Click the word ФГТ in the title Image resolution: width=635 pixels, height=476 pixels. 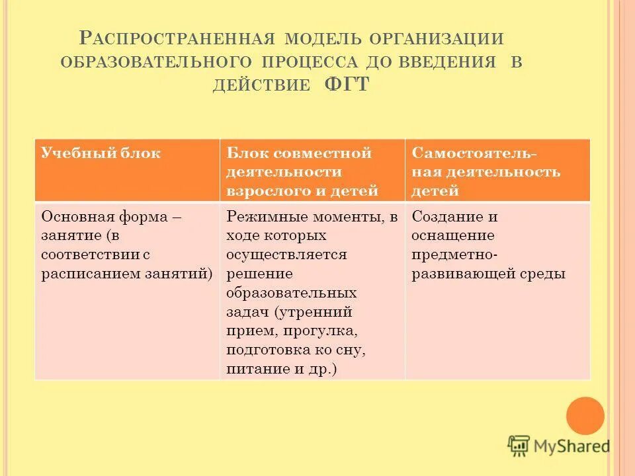tap(347, 85)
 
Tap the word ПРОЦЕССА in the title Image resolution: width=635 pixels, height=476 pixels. tap(310, 62)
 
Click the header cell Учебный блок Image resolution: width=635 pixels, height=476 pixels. tap(101, 153)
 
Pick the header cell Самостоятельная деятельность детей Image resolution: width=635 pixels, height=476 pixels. tap(486, 172)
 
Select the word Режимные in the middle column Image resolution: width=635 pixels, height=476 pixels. tap(265, 216)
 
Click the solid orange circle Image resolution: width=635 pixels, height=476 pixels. tap(585, 416)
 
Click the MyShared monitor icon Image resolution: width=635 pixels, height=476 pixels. tap(519, 446)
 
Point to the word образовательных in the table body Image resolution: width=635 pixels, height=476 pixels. tap(292, 292)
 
